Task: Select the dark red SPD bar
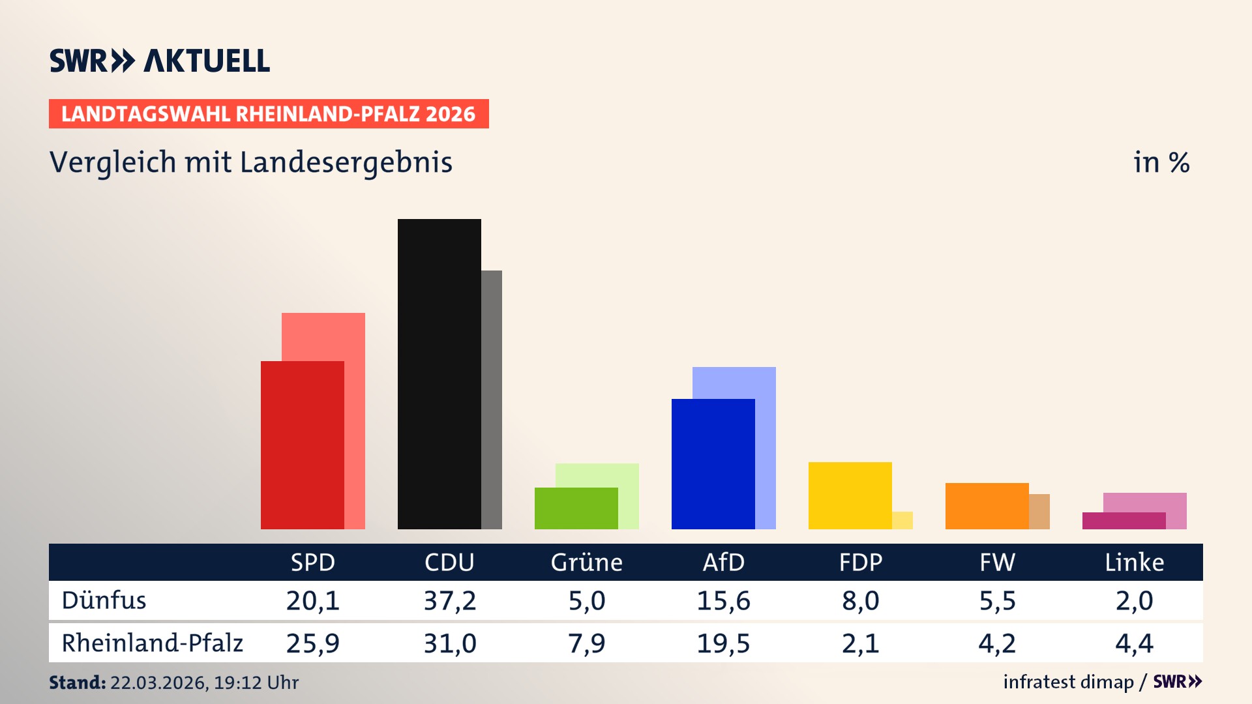(x=302, y=445)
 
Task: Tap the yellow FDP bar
(x=850, y=495)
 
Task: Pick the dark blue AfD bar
(x=713, y=463)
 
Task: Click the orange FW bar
(x=987, y=506)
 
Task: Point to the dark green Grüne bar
(x=576, y=508)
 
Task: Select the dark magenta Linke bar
(x=1124, y=521)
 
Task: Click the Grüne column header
(x=586, y=563)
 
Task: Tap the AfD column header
(x=723, y=563)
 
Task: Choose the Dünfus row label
(x=104, y=600)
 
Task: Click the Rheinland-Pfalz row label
(x=152, y=643)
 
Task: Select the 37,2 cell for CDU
(x=449, y=600)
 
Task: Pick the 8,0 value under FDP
(x=860, y=600)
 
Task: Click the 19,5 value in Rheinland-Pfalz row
(x=723, y=643)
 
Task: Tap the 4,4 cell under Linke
(x=1134, y=643)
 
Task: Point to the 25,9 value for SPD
(x=312, y=643)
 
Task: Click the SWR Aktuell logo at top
(x=160, y=61)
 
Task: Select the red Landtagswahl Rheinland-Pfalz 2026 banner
(x=268, y=114)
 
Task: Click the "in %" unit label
(x=1161, y=162)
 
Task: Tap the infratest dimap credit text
(x=1067, y=682)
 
